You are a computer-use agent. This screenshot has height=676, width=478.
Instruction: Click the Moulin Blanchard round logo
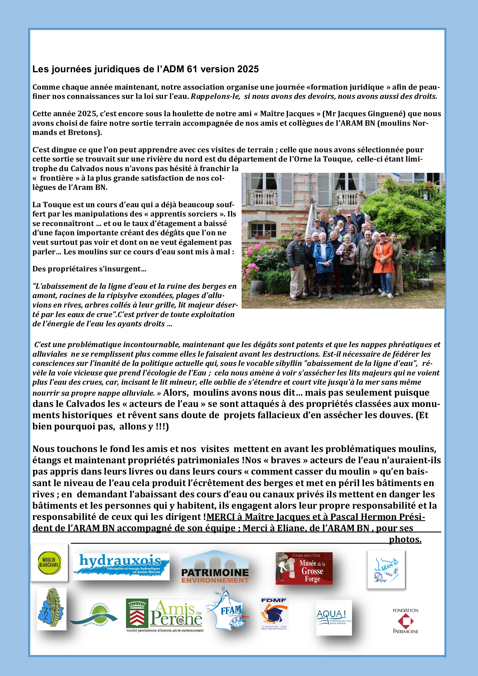[x=49, y=563]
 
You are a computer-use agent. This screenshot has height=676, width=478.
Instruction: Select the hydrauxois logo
[x=121, y=566]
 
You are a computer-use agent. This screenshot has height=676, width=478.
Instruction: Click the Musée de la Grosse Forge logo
[x=304, y=568]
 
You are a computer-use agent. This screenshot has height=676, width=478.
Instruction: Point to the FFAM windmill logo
[x=228, y=610]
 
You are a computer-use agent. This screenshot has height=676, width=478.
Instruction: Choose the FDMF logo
[x=274, y=614]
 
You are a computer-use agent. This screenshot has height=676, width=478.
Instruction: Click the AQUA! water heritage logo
[x=334, y=617]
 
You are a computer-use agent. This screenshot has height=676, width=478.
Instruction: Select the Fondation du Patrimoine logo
[x=405, y=621]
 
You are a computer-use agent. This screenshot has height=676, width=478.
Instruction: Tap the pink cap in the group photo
[x=383, y=235]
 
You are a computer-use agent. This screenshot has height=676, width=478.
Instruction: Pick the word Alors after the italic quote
[x=175, y=392]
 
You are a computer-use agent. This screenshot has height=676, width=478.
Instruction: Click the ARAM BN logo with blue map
[x=386, y=569]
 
